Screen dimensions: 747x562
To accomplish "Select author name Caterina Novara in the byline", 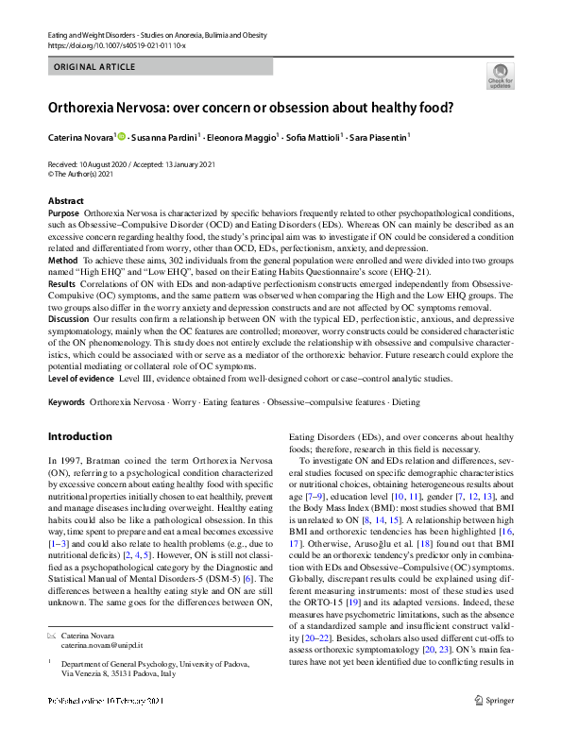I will tap(81, 137).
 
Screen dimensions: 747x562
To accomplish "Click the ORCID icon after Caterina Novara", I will tap(122, 137).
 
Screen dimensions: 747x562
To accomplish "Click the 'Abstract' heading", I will tap(65, 201).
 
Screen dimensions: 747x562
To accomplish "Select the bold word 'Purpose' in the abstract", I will tap(64, 213).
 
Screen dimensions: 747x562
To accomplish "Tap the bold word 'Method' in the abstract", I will tap(63, 259).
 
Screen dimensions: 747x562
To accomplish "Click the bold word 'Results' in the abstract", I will tap(62, 282).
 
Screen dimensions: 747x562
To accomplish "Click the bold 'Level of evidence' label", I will tap(81, 378).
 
